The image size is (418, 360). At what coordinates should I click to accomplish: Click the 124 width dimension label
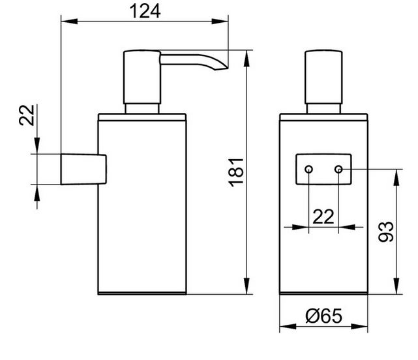point(145,12)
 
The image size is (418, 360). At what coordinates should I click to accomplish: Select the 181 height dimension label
point(236,173)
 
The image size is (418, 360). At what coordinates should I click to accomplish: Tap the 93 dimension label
point(386,232)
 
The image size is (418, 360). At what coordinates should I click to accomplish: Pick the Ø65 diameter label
point(323,316)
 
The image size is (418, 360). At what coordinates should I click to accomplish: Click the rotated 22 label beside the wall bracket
point(27,115)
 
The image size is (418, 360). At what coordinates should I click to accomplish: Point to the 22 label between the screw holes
point(323,217)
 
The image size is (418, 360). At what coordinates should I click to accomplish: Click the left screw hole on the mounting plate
point(308,169)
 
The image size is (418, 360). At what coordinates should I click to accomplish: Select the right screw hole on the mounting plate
point(338,169)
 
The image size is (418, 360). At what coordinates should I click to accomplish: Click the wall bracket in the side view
point(83,169)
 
